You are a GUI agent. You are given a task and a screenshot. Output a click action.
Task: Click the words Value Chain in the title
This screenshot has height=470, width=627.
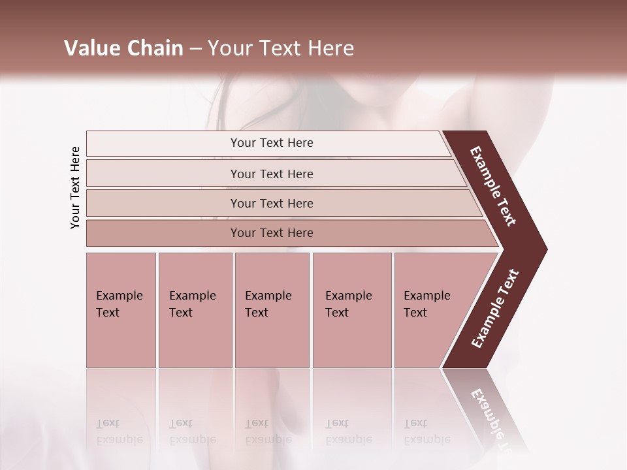point(123,48)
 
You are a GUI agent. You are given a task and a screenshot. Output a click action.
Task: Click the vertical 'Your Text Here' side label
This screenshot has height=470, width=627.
point(75,187)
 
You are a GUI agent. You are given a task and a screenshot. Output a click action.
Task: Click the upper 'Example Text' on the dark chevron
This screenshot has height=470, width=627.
point(493,186)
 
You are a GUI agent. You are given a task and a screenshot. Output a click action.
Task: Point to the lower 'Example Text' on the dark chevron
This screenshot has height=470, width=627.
point(494,309)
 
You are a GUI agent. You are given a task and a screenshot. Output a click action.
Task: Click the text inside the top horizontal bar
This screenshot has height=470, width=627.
point(272,143)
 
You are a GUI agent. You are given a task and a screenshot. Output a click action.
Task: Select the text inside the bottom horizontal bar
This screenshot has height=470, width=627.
point(272,233)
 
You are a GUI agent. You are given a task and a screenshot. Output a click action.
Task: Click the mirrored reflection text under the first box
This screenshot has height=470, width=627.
point(119,431)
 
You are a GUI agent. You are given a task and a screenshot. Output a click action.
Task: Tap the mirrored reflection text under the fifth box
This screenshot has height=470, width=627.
point(426,431)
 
